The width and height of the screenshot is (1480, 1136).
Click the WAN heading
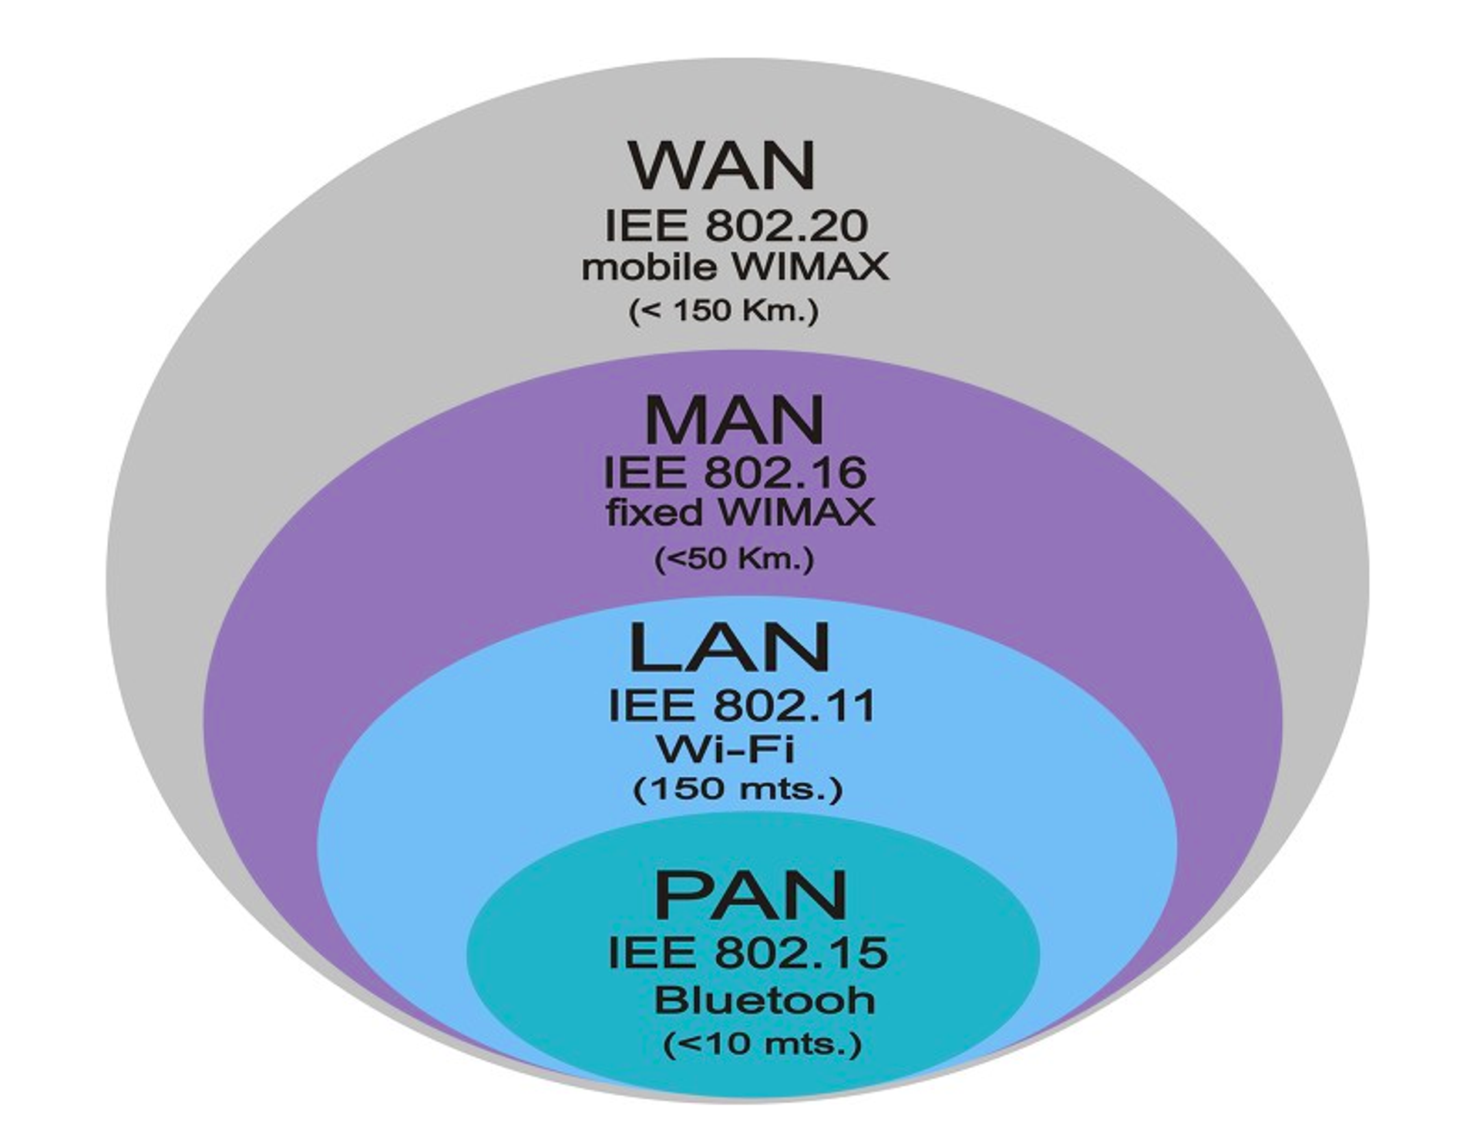[x=722, y=165]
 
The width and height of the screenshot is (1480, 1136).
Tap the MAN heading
[x=734, y=420]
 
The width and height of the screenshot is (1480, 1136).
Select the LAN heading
[x=729, y=648]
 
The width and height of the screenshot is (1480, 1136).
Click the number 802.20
[x=786, y=226]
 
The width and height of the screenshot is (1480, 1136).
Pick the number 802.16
[x=785, y=472]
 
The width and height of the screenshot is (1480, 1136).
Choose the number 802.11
[x=795, y=705]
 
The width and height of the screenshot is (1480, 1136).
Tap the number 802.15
[x=801, y=952]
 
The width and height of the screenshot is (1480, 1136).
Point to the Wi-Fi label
[x=725, y=748]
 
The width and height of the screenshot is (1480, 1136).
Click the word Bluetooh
[x=765, y=1000]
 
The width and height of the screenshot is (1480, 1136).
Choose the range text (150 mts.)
[x=738, y=788]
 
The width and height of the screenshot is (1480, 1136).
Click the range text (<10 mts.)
[x=762, y=1044]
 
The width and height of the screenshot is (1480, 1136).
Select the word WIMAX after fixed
[x=799, y=513]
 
